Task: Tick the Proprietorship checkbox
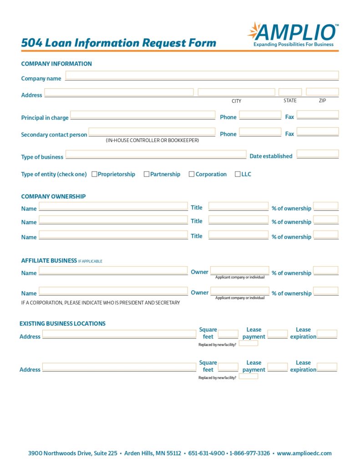(95, 174)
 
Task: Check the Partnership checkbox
(147, 174)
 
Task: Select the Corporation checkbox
(192, 174)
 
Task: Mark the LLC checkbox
(238, 174)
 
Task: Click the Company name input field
(202, 76)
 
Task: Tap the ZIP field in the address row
(322, 92)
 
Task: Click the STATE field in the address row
(290, 92)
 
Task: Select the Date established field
(318, 154)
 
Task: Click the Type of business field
(156, 154)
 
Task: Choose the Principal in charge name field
(142, 115)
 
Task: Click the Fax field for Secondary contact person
(318, 132)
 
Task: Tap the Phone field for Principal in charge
(260, 115)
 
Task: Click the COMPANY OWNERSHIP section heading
(53, 197)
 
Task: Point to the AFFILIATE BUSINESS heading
(49, 261)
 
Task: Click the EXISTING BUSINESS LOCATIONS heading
(62, 324)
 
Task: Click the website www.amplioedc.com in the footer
(304, 453)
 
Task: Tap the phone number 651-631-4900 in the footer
(207, 453)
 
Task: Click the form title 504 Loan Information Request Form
(118, 43)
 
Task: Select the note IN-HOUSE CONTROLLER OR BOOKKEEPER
(152, 141)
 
